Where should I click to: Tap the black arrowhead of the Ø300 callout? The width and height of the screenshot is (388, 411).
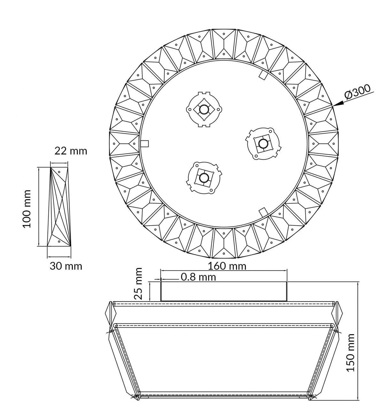(x=338, y=103)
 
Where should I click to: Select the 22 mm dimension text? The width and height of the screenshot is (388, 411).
(x=71, y=151)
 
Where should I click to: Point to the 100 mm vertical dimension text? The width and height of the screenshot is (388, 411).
(x=27, y=209)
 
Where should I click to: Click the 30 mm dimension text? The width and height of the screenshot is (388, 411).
(x=66, y=266)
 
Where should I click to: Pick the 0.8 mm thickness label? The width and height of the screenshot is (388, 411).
(x=198, y=277)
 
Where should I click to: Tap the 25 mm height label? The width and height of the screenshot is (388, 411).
(x=138, y=283)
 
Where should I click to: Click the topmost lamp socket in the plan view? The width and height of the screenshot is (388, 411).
(x=203, y=109)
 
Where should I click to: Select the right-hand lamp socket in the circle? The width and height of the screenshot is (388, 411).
(x=263, y=144)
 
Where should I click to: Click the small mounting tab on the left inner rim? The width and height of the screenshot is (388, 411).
(x=145, y=143)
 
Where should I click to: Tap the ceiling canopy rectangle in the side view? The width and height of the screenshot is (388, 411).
(x=224, y=291)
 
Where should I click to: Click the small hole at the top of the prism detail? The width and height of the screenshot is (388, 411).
(x=59, y=172)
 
